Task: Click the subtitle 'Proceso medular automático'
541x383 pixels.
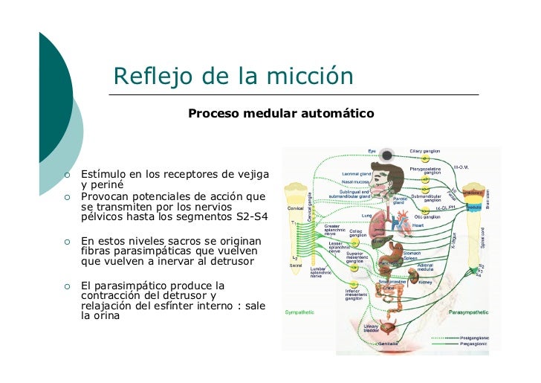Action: pyautogui.click(x=281, y=115)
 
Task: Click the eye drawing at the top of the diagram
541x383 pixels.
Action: pyautogui.click(x=386, y=155)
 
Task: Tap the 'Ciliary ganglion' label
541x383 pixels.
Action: pyautogui.click(x=424, y=151)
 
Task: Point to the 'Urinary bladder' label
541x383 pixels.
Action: pyautogui.click(x=372, y=329)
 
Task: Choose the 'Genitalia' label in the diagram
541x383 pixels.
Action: pyautogui.click(x=389, y=344)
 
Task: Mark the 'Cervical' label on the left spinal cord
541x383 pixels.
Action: pyautogui.click(x=295, y=209)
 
